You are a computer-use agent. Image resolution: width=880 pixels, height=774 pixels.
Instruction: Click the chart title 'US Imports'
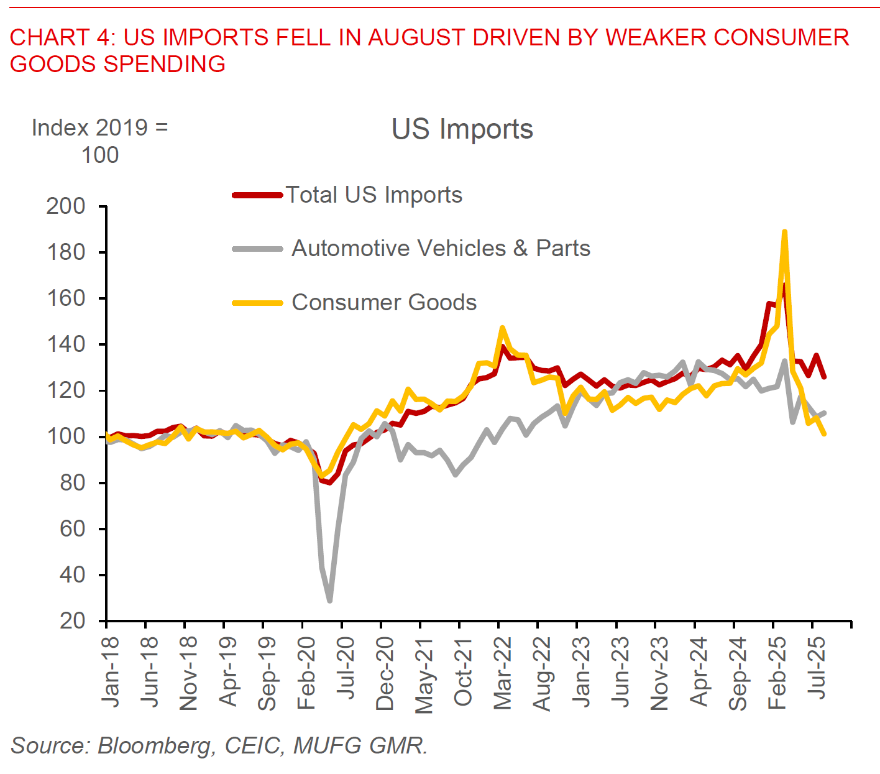point(462,129)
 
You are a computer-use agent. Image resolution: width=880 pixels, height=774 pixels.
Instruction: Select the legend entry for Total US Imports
point(374,195)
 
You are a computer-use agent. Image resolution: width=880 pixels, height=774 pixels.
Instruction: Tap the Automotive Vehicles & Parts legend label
point(441,249)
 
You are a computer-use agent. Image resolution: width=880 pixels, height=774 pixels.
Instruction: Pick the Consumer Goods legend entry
point(384,303)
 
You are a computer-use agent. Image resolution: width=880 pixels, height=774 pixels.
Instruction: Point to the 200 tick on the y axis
point(65,206)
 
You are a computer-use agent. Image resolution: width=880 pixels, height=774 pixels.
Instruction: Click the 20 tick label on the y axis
point(72,620)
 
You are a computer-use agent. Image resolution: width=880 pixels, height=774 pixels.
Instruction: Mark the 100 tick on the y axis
point(65,436)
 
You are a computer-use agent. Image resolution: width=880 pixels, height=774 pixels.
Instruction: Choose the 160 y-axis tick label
point(65,298)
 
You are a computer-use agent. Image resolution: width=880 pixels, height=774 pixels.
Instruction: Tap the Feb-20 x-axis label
point(306,673)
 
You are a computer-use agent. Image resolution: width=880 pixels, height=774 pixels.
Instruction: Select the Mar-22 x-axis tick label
point(502,673)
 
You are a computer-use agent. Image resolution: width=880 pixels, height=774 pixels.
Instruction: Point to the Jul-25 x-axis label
point(818,668)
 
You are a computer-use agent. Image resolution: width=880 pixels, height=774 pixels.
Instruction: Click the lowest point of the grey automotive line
point(329,601)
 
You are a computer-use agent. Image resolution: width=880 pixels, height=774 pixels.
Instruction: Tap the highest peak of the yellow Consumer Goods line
point(784,232)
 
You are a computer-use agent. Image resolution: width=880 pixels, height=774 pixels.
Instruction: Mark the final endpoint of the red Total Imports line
point(824,377)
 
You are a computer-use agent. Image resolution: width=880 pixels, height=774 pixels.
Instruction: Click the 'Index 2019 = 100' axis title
point(99,141)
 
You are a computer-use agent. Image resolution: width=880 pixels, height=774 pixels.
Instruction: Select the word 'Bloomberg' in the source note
point(154,745)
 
